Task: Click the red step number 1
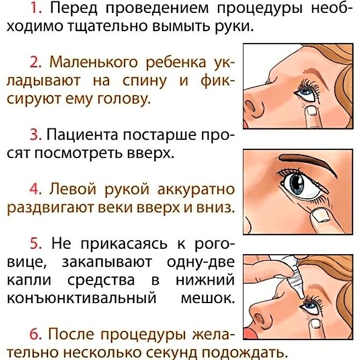coord(36,9)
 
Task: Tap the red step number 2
coord(35,62)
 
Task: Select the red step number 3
coord(35,135)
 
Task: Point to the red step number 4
coord(35,190)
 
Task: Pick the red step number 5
coord(35,243)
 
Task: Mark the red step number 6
coord(35,334)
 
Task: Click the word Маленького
coord(93,62)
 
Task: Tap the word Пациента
coord(83,135)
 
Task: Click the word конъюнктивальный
coord(82,298)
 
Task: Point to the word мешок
coord(208,298)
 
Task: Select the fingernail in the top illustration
coord(312,111)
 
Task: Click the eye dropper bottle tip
coord(302,297)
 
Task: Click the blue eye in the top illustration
coord(306,92)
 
